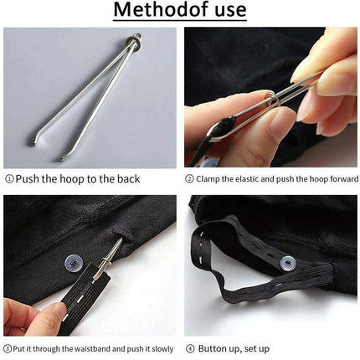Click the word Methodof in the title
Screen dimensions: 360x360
(156, 11)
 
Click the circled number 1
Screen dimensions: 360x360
(9, 178)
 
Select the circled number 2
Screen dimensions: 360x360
(190, 178)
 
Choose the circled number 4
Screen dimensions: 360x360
(190, 347)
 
